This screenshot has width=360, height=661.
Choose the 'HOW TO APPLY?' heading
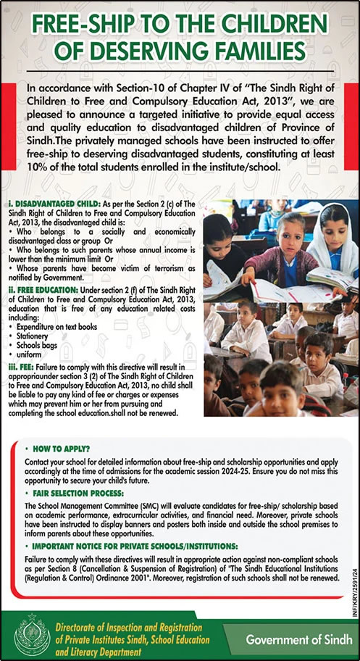(62, 449)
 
